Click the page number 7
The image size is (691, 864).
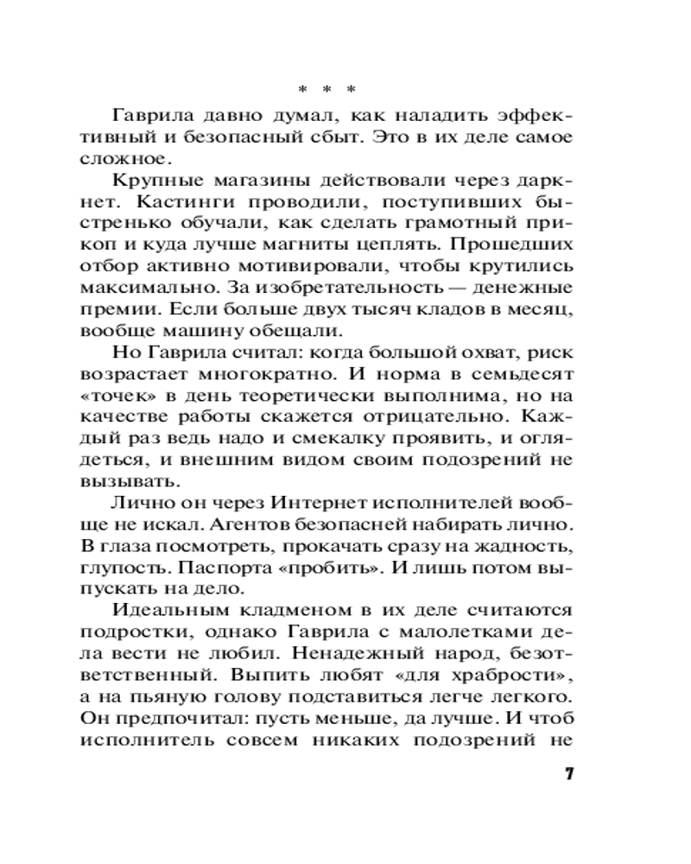[568, 772]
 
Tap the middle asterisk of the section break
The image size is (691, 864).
[326, 90]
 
